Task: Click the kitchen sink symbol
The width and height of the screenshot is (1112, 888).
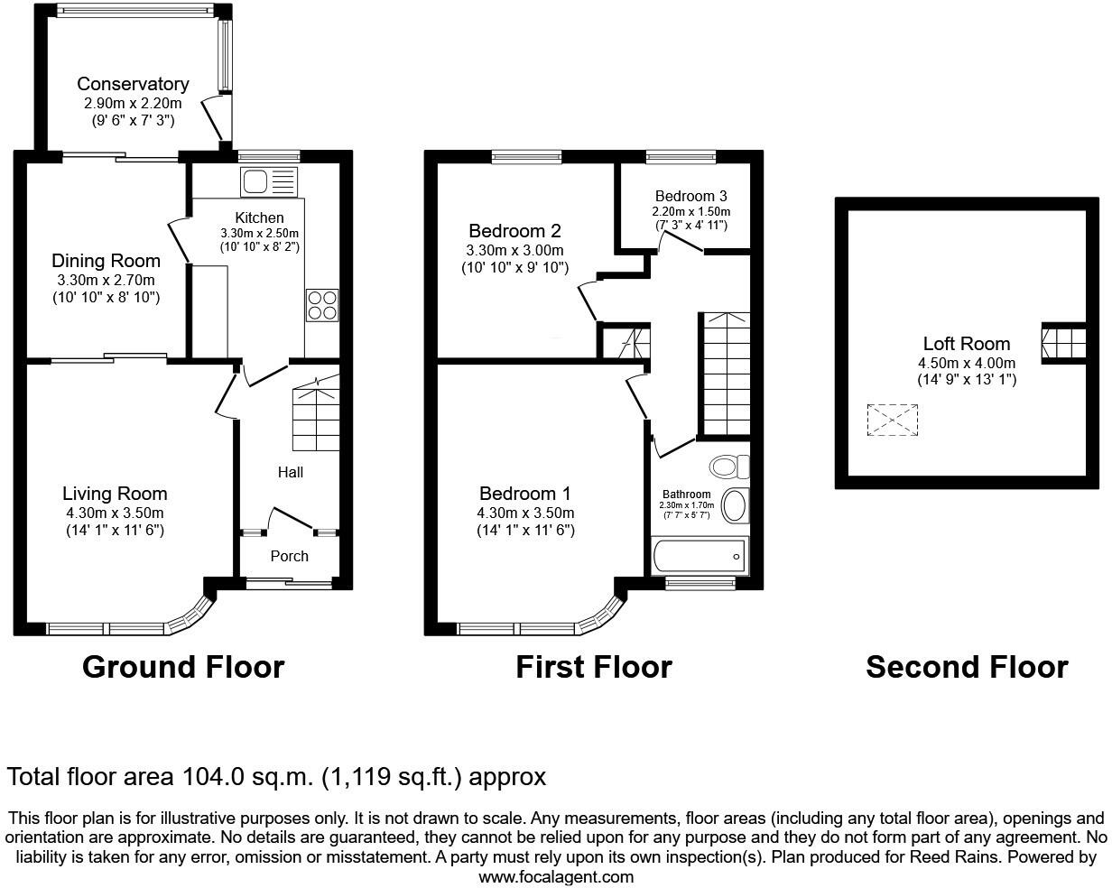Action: [268, 181]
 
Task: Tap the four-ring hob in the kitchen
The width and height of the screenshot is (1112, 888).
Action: [323, 304]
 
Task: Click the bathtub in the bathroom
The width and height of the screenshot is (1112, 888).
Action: [700, 556]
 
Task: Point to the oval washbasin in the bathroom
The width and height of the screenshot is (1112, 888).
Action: [736, 505]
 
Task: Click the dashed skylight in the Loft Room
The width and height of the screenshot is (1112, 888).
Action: [892, 421]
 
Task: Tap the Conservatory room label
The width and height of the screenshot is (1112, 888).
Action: [133, 84]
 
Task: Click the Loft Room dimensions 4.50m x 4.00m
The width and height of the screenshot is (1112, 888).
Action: [966, 363]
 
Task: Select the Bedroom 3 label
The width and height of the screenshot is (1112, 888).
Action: [690, 196]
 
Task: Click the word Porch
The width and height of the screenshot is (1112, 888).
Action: [290, 556]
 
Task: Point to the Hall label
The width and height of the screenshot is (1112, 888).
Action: [291, 472]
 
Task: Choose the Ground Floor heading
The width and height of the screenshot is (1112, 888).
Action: [183, 667]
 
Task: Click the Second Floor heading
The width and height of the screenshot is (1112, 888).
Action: [967, 667]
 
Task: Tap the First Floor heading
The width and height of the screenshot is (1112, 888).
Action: [594, 667]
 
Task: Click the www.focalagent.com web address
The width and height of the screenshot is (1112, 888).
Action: [556, 876]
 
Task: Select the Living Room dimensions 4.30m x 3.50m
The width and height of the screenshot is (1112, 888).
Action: [115, 513]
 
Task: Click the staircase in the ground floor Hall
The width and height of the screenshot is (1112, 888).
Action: [316, 416]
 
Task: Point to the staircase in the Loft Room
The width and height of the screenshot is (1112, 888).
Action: [1063, 343]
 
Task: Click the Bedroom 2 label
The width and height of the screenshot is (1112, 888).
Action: [507, 231]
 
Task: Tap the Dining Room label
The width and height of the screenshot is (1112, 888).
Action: [106, 261]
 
